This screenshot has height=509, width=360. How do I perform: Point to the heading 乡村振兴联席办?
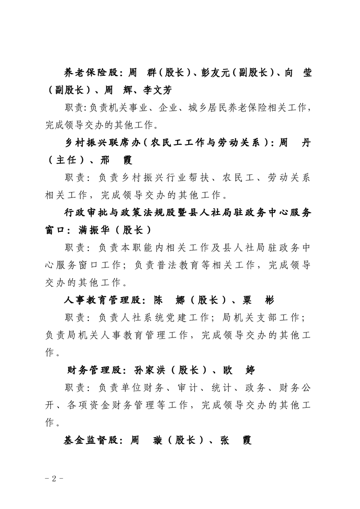102,143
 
